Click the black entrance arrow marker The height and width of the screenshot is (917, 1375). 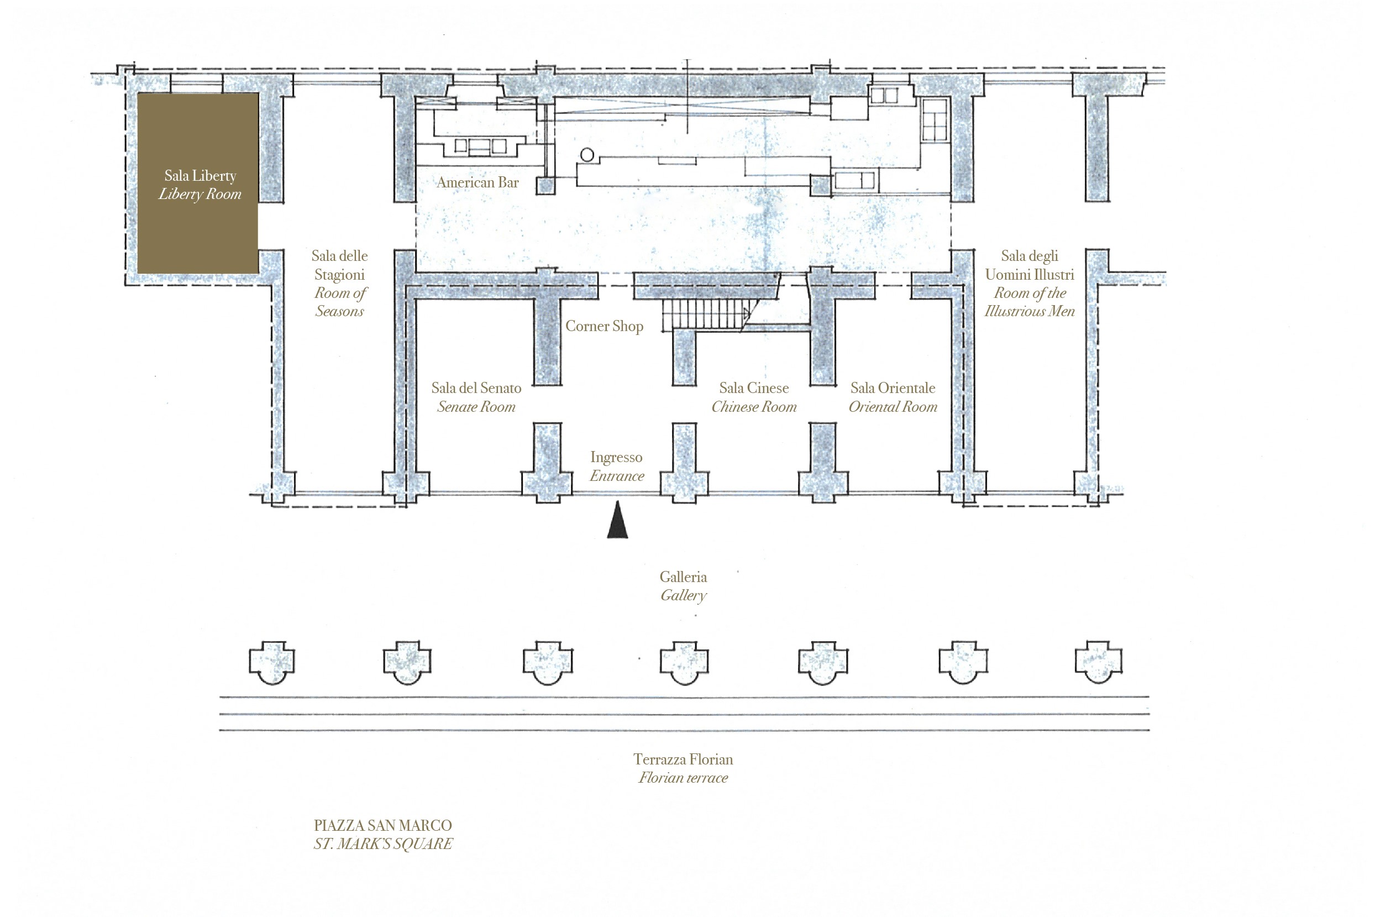point(617,520)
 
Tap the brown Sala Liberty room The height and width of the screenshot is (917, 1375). point(198,183)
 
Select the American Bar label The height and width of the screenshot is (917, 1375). point(477,182)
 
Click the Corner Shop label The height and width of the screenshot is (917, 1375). point(605,326)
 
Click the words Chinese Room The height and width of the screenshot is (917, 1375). point(754,407)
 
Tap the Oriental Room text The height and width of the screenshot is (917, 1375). point(893,407)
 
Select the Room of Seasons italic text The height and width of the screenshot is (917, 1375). point(340,302)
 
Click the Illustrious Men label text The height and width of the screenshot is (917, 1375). point(1030,311)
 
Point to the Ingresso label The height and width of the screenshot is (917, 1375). point(616,457)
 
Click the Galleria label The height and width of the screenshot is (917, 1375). point(684,577)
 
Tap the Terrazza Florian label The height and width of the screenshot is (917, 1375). point(684,759)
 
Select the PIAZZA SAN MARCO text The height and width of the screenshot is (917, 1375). point(383,825)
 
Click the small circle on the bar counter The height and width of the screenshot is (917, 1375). point(587,155)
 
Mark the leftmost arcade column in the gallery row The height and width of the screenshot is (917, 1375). point(272,662)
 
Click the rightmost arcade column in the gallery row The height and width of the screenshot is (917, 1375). point(1099,662)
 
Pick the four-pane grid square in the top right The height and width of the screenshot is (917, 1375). point(934,120)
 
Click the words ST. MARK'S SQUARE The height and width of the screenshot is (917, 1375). point(383,844)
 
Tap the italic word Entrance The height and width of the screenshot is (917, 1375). point(617,476)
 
